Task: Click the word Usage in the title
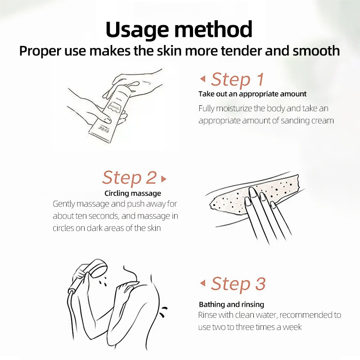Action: tap(137, 30)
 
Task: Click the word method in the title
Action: tap(213, 29)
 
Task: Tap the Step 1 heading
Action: tap(238, 80)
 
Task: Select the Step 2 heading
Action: tap(130, 177)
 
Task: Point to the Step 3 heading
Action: tap(238, 284)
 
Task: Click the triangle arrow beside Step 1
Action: tap(203, 79)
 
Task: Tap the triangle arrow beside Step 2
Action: tap(163, 179)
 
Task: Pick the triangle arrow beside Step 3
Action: tap(203, 283)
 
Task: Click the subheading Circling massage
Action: tap(133, 193)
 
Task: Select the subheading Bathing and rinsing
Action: tap(231, 305)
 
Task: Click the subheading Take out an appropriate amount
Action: tap(252, 94)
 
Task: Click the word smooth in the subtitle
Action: tap(316, 50)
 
